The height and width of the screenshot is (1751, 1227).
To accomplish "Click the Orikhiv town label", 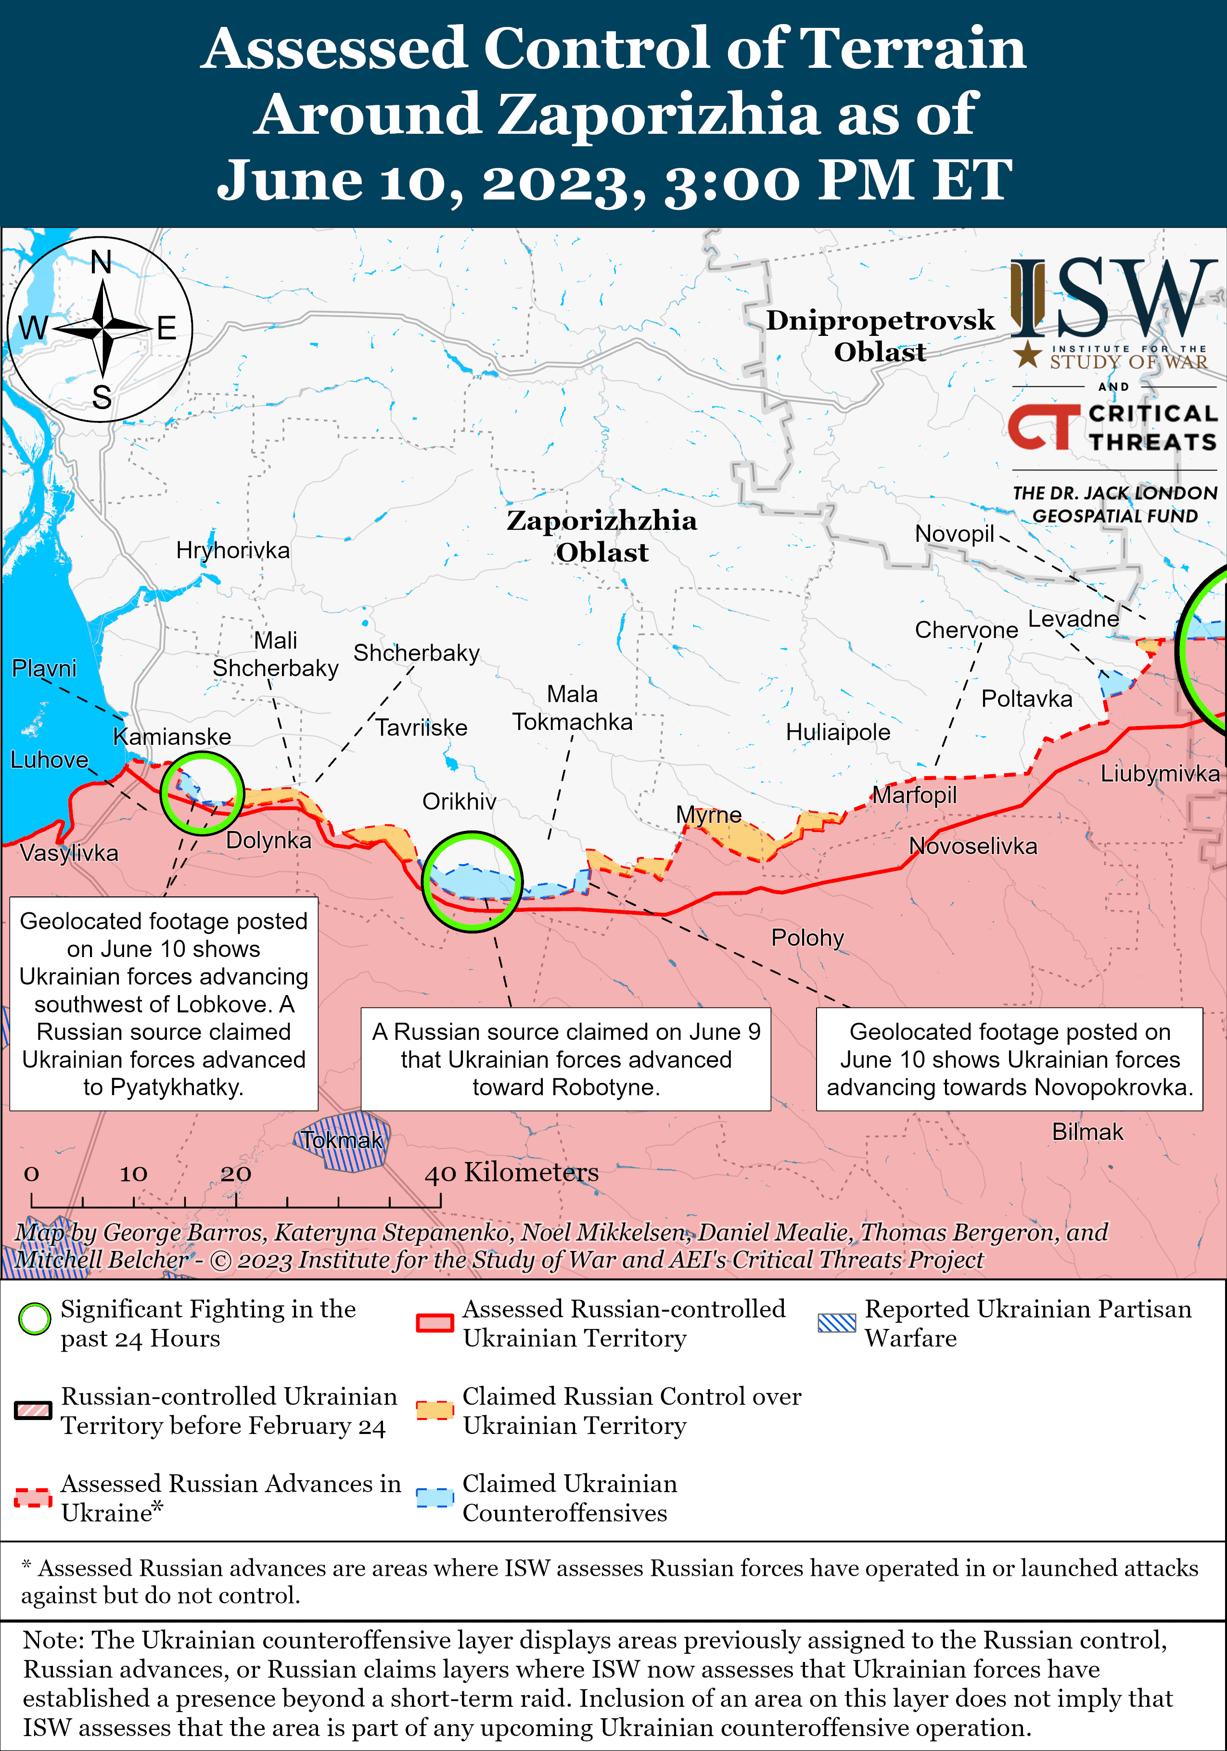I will tap(459, 802).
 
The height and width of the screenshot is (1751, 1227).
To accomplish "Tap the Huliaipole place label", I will tap(838, 732).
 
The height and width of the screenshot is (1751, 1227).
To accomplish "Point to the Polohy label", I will tap(807, 937).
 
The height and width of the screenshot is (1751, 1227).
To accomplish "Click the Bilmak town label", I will tap(1087, 1132).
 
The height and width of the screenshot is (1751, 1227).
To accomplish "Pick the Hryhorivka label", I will tap(232, 550).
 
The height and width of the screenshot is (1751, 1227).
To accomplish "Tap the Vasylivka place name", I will tap(69, 853).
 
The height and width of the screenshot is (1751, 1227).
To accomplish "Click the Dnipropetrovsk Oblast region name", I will tap(880, 335).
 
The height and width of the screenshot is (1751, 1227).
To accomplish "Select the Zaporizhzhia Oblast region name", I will tap(601, 536).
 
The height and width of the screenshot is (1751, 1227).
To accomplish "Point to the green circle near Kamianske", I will tap(202, 793).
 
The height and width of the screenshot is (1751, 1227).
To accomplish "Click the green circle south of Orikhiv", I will tap(473, 882).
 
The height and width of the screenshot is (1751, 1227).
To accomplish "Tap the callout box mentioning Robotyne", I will tap(566, 1059).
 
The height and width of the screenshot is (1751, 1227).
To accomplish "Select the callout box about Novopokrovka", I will tap(1009, 1059).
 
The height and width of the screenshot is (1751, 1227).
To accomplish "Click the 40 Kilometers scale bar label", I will tap(511, 1172).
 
